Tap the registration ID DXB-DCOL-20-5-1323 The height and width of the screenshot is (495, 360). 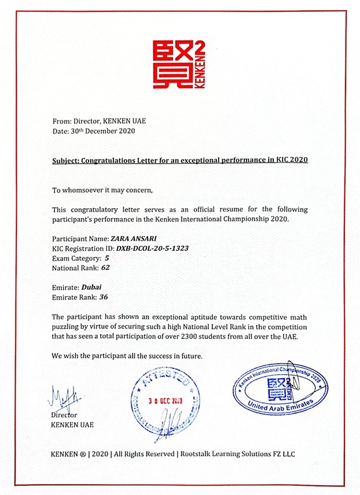click(152, 248)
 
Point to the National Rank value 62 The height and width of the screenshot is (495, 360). click(105, 268)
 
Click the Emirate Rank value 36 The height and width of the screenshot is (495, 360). click(103, 297)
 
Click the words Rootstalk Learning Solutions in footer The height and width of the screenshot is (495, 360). click(222, 454)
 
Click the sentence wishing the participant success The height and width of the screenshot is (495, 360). click(127, 355)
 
